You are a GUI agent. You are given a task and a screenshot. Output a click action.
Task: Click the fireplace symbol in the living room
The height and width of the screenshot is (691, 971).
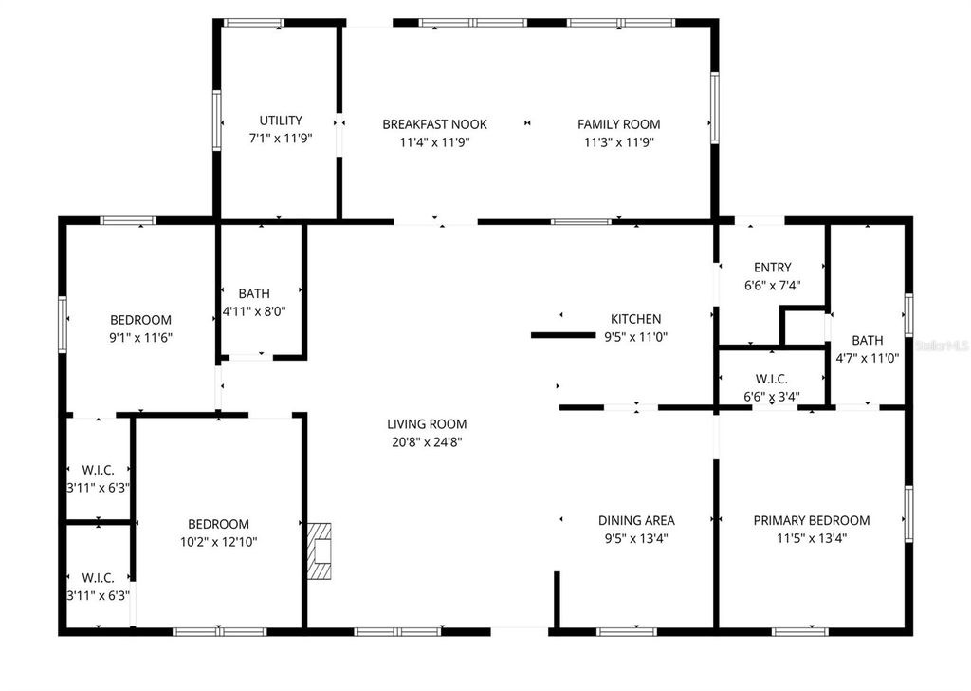coord(321,551)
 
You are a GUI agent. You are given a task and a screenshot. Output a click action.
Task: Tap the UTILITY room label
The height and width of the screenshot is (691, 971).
coord(281,121)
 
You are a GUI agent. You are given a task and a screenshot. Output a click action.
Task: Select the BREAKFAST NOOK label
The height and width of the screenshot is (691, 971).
coord(434,124)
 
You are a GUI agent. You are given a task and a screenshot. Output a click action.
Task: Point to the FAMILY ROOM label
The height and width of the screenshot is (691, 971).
coord(619,124)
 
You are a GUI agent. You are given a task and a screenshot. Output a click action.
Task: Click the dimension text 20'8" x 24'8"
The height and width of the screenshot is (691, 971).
coord(427,441)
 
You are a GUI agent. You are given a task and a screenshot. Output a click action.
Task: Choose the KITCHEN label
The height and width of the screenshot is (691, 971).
coord(634,319)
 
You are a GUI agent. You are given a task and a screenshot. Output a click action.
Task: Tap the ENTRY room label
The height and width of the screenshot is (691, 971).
coord(772,268)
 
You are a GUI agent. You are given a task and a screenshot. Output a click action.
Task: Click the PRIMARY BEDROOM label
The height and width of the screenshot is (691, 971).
coord(811,520)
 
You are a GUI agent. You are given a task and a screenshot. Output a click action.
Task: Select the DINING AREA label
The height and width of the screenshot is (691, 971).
coord(636,520)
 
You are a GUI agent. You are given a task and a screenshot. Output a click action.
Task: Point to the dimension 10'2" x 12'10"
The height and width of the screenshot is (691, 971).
coord(218,542)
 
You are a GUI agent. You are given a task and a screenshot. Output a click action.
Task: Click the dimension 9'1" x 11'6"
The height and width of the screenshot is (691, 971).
coord(140,337)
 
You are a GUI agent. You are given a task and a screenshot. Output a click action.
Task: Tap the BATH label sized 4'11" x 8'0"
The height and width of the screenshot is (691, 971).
coord(254,294)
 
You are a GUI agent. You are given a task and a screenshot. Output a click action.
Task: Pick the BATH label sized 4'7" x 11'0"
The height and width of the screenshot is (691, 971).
coord(867,341)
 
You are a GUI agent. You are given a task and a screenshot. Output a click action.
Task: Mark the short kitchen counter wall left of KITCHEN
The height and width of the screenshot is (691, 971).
coord(561,335)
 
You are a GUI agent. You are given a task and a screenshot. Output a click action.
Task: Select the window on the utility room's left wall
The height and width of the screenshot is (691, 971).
coord(217,121)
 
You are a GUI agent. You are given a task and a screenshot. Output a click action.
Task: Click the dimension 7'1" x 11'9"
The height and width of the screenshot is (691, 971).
coord(281,139)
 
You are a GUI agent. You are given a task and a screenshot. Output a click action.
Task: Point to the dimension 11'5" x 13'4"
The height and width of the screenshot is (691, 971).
coord(811,538)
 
